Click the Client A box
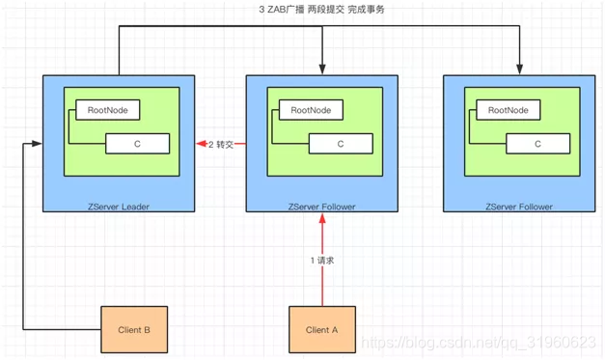click(x=322, y=329)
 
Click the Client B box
click(x=134, y=329)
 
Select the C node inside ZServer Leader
click(x=138, y=144)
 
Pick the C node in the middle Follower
click(x=341, y=144)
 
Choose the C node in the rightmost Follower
click(x=537, y=144)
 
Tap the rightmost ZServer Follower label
click(x=519, y=207)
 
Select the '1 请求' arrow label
click(x=321, y=261)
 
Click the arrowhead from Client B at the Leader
click(x=38, y=144)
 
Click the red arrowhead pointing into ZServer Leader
click(x=200, y=144)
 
